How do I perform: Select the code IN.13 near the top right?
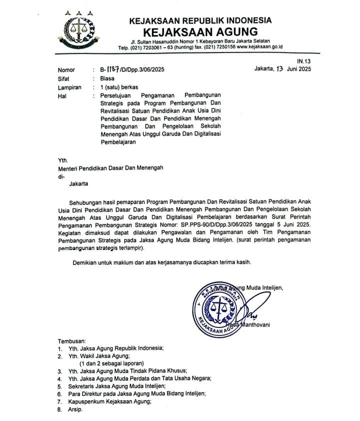pyautogui.click(x=304, y=61)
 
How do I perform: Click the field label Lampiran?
pyautogui.click(x=69, y=87)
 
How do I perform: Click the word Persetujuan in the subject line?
pyautogui.click(x=119, y=95)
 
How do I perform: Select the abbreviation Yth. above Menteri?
pyautogui.click(x=62, y=160)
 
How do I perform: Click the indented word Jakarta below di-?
pyautogui.click(x=78, y=184)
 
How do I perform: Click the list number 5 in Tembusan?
pyautogui.click(x=59, y=386)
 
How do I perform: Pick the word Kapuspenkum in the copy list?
pyautogui.click(x=90, y=401)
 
